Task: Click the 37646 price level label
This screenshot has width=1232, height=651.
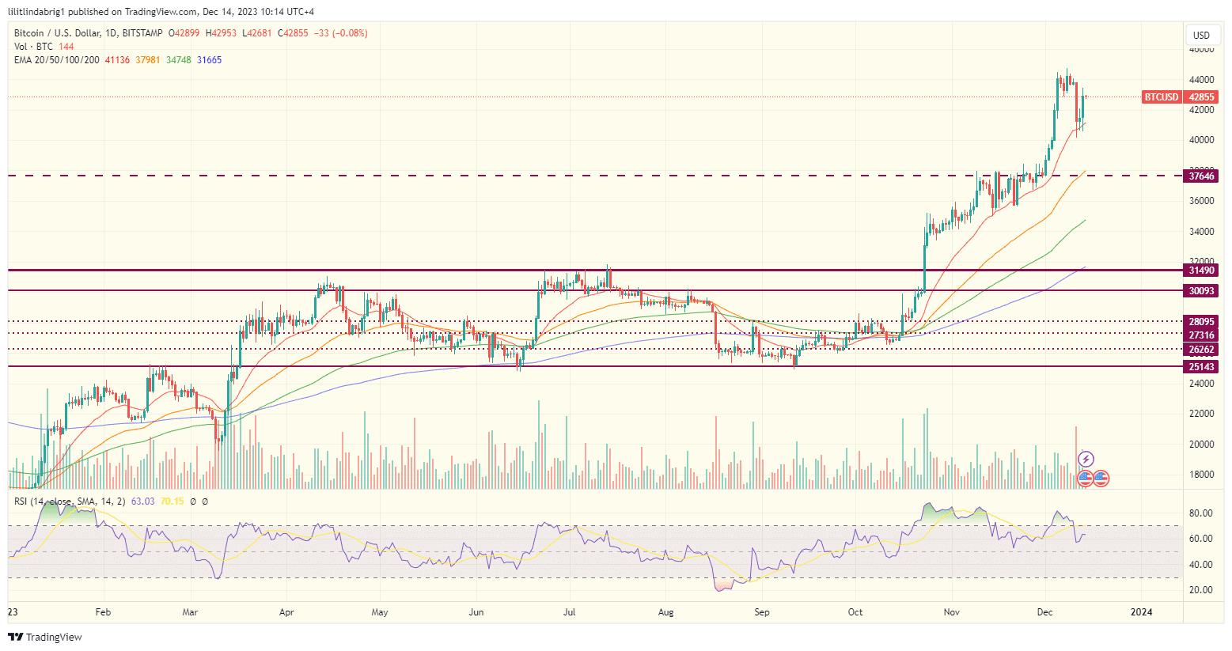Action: [1200, 176]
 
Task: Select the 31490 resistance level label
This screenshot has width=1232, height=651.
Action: [1200, 271]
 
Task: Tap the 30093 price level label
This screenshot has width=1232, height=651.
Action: [1200, 291]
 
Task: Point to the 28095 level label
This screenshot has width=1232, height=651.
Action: [1200, 322]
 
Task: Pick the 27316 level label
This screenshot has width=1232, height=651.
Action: [1200, 335]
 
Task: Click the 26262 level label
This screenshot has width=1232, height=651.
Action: [1200, 350]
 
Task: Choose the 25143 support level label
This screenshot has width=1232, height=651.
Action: [1200, 367]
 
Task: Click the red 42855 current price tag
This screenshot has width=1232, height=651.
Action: [1201, 97]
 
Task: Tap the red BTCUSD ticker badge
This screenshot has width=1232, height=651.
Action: [1161, 97]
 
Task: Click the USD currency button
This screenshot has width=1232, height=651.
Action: [1201, 35]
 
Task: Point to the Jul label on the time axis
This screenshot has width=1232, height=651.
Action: [570, 612]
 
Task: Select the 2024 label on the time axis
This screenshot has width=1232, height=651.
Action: [1140, 612]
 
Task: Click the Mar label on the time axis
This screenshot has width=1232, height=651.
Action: [190, 612]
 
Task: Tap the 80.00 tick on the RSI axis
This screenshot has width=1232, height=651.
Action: [1200, 513]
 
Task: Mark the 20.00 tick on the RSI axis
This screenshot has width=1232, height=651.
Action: [1200, 590]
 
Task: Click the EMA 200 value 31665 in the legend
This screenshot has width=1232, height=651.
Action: [209, 60]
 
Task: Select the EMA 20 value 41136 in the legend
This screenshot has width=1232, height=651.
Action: [117, 60]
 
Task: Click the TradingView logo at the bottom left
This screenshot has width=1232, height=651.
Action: [46, 637]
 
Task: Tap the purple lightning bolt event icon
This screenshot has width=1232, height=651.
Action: [1086, 459]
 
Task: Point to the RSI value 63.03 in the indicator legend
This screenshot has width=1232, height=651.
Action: [142, 501]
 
